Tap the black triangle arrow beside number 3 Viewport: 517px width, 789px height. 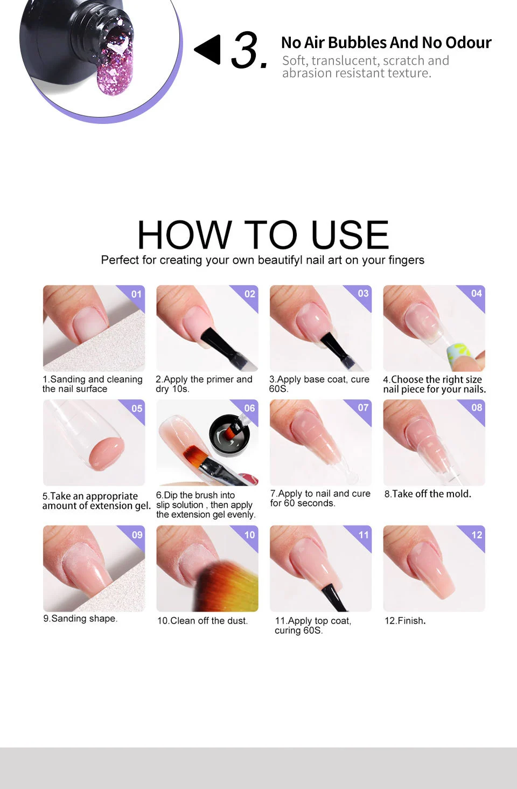click(x=209, y=50)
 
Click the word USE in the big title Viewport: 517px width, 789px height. click(x=350, y=235)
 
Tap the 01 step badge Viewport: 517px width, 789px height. click(x=136, y=294)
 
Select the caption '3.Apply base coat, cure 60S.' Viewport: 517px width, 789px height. click(x=319, y=384)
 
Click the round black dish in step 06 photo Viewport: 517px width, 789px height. click(x=230, y=434)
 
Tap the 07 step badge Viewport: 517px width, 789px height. click(x=364, y=408)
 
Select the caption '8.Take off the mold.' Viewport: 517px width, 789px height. click(x=428, y=494)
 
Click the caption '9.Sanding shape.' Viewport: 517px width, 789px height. click(x=80, y=619)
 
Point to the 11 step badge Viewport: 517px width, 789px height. click(x=364, y=535)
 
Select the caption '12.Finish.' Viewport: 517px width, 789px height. click(x=405, y=621)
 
